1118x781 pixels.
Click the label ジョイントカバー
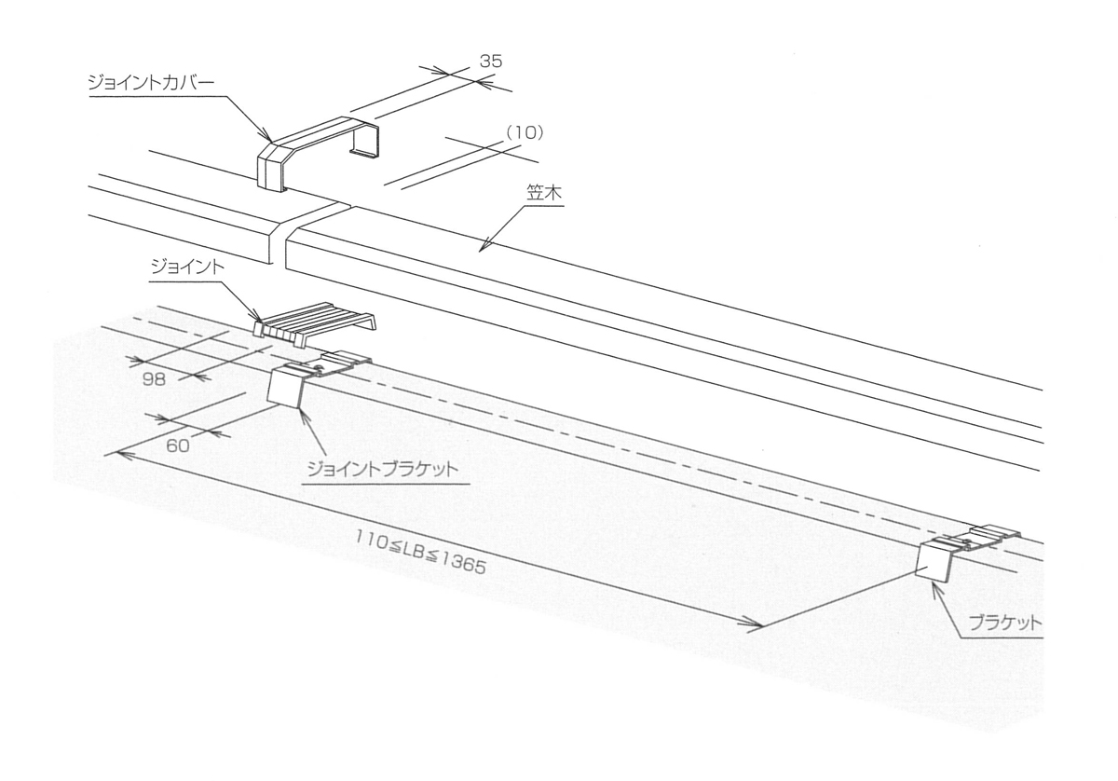150,83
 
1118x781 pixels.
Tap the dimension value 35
491,62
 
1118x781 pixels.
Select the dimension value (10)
524,133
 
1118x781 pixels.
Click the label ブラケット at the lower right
1003,624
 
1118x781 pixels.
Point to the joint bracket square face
286,386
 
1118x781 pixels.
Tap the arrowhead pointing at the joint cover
266,137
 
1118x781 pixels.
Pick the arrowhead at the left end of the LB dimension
114,453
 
